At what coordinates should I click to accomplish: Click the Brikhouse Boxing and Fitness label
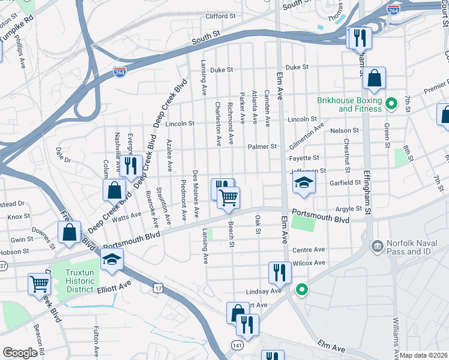click(351, 104)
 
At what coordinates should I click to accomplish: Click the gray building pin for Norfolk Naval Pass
click(376, 245)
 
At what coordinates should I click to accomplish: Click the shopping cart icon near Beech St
click(228, 197)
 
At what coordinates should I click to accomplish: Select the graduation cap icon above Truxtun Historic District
click(112, 260)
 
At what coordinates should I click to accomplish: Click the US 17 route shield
click(157, 289)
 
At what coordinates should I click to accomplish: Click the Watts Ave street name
click(127, 214)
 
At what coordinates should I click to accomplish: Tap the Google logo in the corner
click(20, 353)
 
